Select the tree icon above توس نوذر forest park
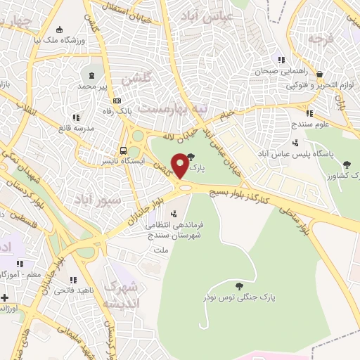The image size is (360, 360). pos(240,285)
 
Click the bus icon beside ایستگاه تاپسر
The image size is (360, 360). pos(124,150)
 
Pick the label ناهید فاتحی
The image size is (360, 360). pos(74,290)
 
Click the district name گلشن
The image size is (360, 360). pos(136,79)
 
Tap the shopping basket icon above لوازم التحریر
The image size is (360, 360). pos(319,73)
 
